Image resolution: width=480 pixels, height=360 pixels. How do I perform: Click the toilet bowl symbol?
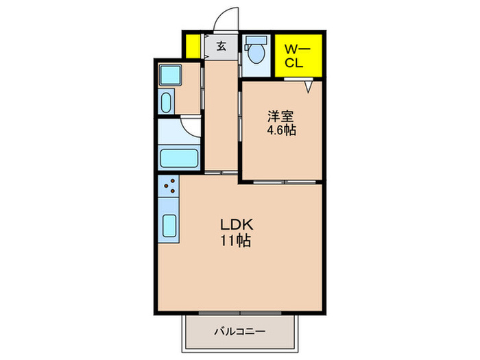pyautogui.click(x=256, y=53)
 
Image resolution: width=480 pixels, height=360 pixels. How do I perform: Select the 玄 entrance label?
pyautogui.click(x=221, y=46)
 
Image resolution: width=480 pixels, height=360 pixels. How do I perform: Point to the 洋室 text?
pyautogui.click(x=280, y=117)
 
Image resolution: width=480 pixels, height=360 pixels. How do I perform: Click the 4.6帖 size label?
pyautogui.click(x=282, y=130)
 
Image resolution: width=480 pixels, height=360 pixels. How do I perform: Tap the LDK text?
pyautogui.click(x=237, y=225)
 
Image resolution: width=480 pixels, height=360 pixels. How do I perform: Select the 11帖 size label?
pyautogui.click(x=236, y=241)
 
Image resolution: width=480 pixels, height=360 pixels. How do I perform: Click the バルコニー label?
pyautogui.click(x=239, y=331)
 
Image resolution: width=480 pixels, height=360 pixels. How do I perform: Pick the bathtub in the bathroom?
pyautogui.click(x=180, y=158)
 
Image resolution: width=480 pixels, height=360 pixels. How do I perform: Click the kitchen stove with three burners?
pyautogui.click(x=169, y=186)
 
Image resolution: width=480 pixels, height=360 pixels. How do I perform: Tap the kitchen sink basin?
pyautogui.click(x=169, y=226)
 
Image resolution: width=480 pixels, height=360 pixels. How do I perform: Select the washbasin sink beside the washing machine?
pyautogui.click(x=166, y=103)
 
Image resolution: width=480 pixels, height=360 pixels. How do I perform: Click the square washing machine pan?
pyautogui.click(x=170, y=75)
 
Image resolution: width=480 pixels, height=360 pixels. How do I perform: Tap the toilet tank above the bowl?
pyautogui.click(x=256, y=40)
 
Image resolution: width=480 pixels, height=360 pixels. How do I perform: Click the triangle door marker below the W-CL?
pyautogui.click(x=309, y=86)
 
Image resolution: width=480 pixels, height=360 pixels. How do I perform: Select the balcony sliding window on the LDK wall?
pyautogui.click(x=240, y=313)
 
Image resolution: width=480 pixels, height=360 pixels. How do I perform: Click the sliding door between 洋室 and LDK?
pyautogui.click(x=285, y=182)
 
